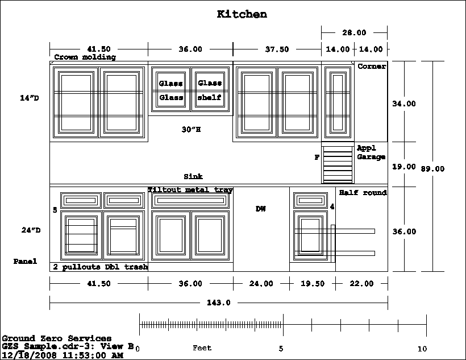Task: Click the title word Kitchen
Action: (242, 14)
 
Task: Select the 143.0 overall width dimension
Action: (219, 303)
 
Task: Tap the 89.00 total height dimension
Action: (433, 169)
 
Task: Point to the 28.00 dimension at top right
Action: (354, 32)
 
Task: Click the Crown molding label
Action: (85, 57)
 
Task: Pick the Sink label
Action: (193, 177)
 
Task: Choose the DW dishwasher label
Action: (261, 209)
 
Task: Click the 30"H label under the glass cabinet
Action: (191, 130)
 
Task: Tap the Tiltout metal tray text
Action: (190, 190)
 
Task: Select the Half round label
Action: (363, 193)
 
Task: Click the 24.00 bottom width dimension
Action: (261, 284)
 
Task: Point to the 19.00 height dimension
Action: (404, 167)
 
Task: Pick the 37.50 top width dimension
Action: (277, 49)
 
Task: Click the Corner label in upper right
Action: (372, 67)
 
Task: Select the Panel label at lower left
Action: (26, 262)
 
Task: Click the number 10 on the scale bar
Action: (422, 349)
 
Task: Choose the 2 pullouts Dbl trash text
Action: (101, 267)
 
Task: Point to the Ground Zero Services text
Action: (57, 338)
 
